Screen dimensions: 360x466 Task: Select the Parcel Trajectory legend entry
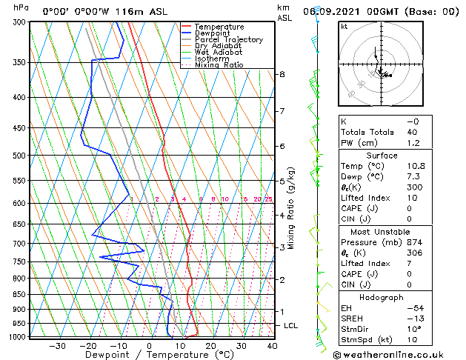tap(228, 40)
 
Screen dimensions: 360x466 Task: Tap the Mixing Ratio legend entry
tap(219, 65)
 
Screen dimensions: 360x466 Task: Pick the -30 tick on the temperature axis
tap(57, 346)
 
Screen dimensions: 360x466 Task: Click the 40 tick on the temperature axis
tap(272, 346)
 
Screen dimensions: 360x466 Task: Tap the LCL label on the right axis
tap(291, 326)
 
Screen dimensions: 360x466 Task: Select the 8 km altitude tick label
tap(282, 75)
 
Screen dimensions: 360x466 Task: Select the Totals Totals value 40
tap(413, 132)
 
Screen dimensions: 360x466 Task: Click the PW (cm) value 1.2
tap(413, 143)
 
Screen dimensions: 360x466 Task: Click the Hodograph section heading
tap(382, 297)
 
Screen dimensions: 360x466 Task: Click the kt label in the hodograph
tap(344, 27)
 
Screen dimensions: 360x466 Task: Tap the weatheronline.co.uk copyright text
tap(396, 355)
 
